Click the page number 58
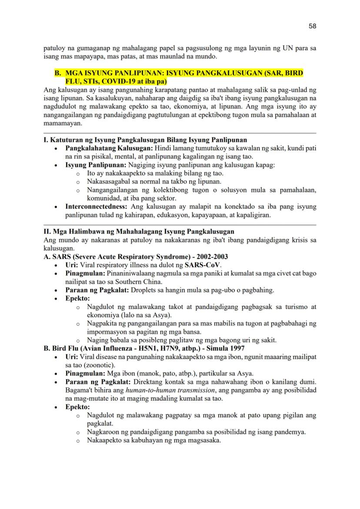(312, 26)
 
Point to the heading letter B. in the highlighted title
(58, 73)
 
